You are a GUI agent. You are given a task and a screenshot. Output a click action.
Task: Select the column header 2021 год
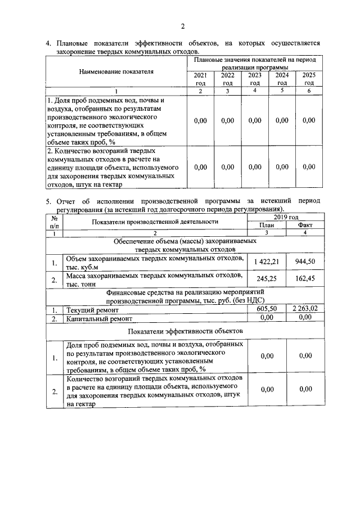click(x=200, y=79)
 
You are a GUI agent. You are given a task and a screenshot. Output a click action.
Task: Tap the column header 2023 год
click(x=255, y=79)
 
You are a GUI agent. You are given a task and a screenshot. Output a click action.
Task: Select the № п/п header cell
click(x=55, y=222)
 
